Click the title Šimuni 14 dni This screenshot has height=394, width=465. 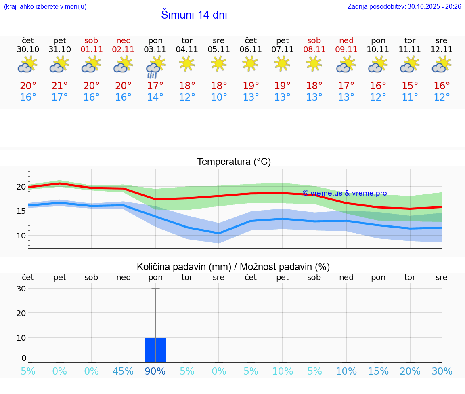(194, 15)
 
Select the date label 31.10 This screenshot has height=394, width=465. (60, 50)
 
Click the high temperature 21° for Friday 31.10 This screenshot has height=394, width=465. (60, 86)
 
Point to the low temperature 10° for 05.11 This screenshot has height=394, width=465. (219, 97)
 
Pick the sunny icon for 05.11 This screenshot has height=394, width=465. (219, 63)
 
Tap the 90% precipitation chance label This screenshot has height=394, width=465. (155, 371)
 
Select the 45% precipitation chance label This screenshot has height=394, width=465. (124, 371)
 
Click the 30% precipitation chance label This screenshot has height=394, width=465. (442, 371)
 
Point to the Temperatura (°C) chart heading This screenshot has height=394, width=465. (234, 162)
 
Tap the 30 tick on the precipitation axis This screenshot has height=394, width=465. (21, 289)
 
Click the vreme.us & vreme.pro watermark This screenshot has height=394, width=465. (344, 193)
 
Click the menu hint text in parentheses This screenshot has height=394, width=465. (45, 7)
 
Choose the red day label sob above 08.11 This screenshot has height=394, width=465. (314, 40)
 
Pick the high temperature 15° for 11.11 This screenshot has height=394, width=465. (410, 86)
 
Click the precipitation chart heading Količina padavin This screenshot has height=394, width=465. (233, 267)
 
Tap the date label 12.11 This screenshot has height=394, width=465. (442, 50)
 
